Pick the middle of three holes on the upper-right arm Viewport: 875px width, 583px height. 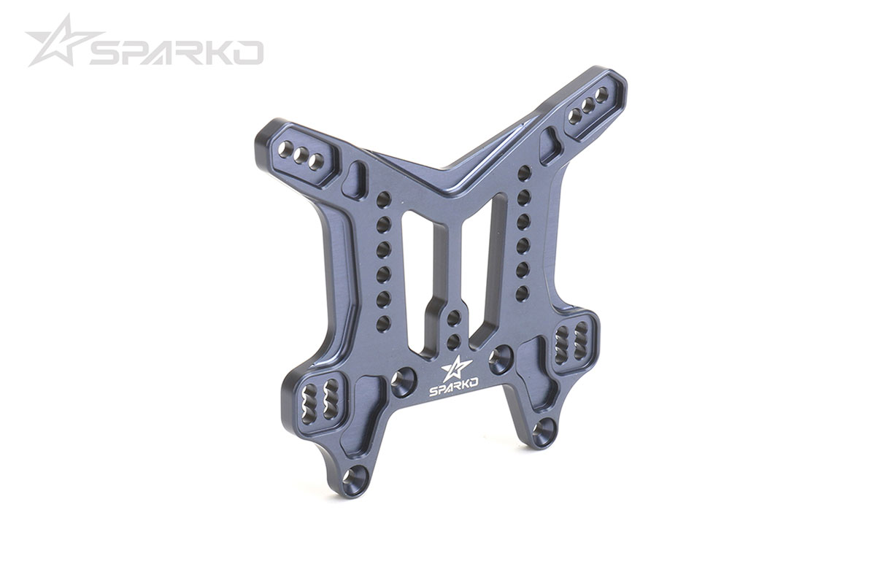[587, 106]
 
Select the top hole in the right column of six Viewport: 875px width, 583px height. [523, 172]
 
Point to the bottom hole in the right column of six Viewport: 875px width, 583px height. [523, 293]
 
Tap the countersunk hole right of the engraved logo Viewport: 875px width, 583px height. [501, 358]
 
